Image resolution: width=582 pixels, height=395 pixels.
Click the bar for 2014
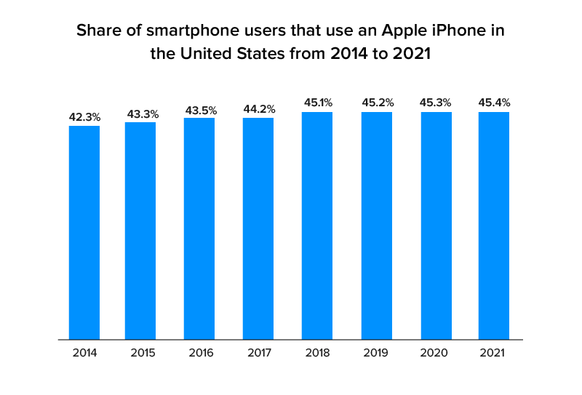tap(84, 232)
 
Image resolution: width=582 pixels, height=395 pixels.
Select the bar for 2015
tap(140, 231)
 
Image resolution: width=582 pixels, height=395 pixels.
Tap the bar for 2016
tap(199, 228)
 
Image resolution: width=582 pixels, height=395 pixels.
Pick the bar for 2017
tap(258, 228)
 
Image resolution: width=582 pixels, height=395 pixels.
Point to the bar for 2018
tap(317, 226)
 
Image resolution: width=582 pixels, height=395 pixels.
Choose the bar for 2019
tap(377, 226)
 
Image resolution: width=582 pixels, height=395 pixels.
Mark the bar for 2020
tap(435, 226)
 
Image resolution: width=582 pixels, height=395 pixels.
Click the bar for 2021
tap(493, 226)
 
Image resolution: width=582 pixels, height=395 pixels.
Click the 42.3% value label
tap(84, 116)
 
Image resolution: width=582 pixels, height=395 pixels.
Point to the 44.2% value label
tap(258, 108)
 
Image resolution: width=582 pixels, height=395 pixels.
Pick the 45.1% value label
tap(317, 103)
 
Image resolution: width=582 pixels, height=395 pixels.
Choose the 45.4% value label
tap(493, 103)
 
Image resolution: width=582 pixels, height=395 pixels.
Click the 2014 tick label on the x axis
tap(84, 354)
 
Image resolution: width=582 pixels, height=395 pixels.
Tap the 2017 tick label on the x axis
tap(258, 354)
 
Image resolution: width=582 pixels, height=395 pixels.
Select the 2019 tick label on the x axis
tap(377, 354)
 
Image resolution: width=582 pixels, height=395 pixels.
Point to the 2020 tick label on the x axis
tap(435, 354)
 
